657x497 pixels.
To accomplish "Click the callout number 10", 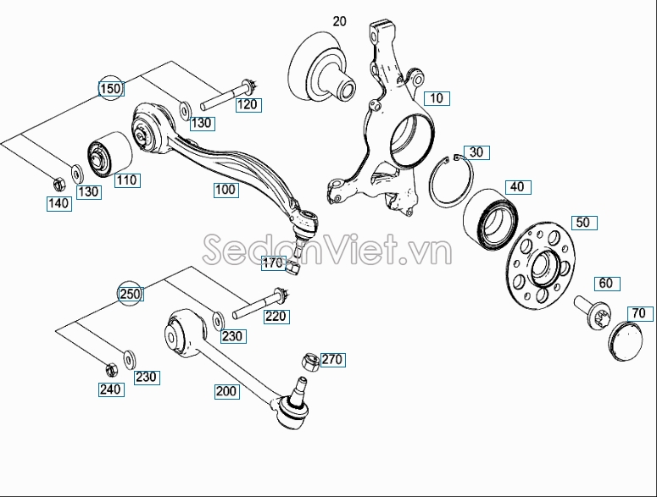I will click(x=436, y=98).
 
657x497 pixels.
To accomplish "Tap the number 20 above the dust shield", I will click(x=339, y=21).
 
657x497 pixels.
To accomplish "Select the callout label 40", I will click(x=515, y=187).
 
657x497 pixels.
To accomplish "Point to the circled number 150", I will click(x=111, y=88).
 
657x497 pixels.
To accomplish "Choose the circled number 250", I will click(x=130, y=294).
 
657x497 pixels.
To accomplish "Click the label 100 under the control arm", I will click(x=225, y=190).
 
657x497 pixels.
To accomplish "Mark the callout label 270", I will click(x=332, y=360).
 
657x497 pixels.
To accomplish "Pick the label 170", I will click(x=272, y=262).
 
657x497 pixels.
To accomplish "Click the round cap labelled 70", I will click(x=628, y=340).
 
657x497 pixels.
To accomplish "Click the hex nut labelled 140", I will click(x=58, y=182).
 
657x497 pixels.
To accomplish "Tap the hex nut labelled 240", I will click(x=110, y=369).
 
